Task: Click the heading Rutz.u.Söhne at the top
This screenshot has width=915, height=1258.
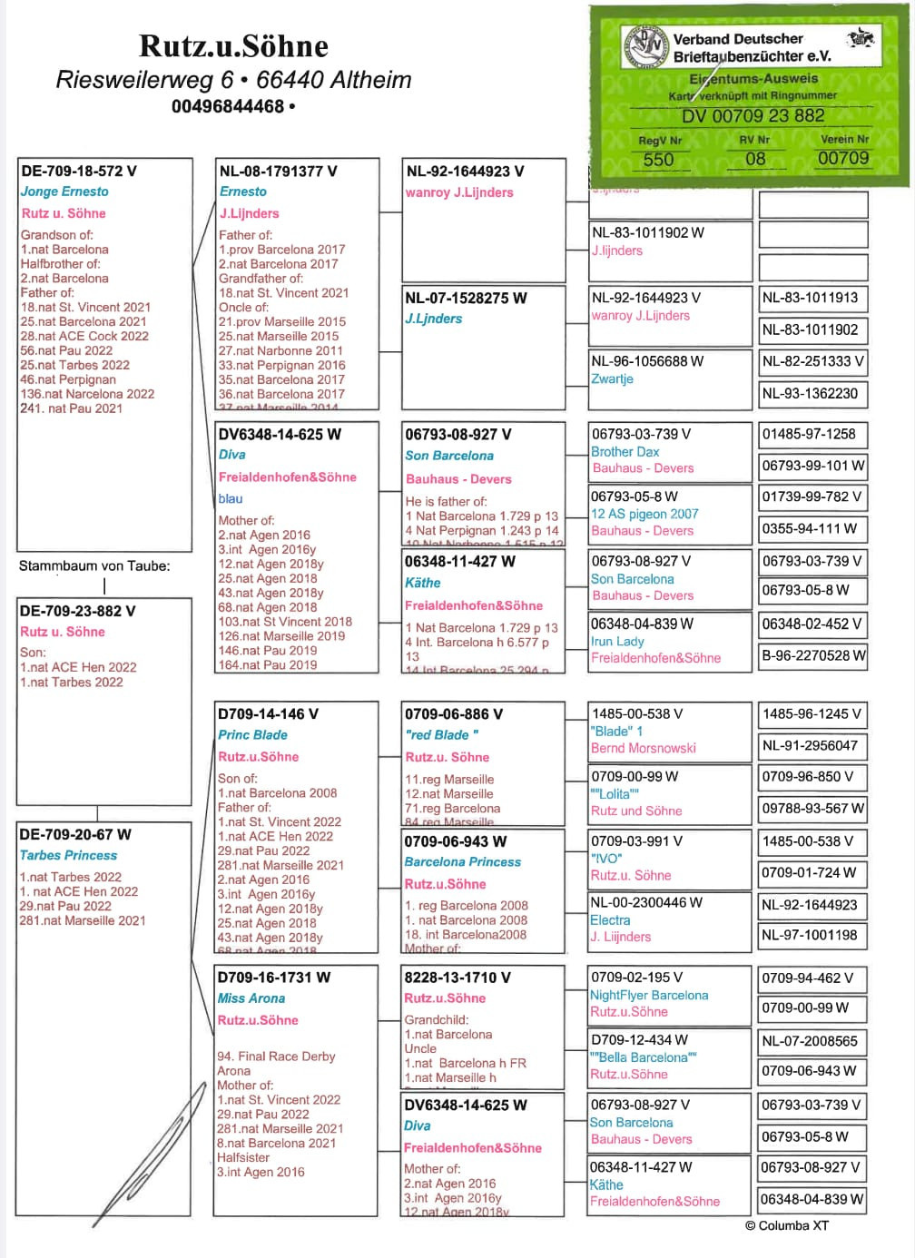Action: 233,45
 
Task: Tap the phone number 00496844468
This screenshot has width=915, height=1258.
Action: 228,106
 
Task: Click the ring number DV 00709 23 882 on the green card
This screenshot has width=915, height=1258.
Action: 753,116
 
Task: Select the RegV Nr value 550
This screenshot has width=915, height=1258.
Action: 658,160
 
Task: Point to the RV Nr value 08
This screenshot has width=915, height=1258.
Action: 754,159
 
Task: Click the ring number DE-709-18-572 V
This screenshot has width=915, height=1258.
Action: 79,171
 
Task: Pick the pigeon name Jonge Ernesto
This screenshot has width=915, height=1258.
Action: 64,192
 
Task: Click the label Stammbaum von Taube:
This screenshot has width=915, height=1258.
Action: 94,565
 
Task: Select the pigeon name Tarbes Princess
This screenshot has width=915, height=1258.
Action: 68,855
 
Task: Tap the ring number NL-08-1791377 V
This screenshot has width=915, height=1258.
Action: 278,171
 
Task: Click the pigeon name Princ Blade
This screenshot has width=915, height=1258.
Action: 252,735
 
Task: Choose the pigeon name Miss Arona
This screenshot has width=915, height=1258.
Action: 251,998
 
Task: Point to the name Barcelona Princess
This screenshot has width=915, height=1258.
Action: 463,862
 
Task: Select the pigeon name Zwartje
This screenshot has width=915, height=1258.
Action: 612,378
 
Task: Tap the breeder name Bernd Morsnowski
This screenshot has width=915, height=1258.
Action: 643,748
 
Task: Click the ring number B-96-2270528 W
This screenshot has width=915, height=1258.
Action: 813,655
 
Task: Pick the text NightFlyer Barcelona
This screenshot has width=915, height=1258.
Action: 649,995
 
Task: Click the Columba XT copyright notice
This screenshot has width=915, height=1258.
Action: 786,1225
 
